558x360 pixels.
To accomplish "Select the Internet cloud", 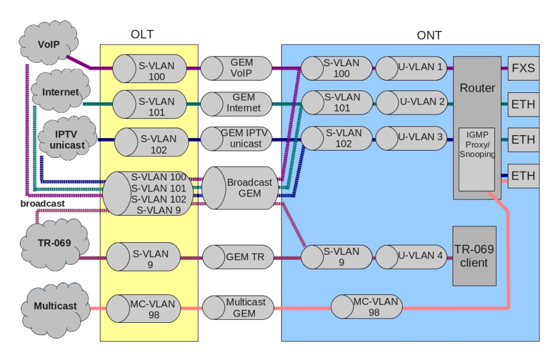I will (x=60, y=92).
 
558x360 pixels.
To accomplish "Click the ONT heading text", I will (x=429, y=35).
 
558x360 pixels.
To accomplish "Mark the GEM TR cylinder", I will (x=238, y=257).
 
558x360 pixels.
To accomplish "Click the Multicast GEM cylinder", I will (x=238, y=307).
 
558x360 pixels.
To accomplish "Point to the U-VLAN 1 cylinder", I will (x=412, y=68).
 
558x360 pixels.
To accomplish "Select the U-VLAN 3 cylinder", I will (x=412, y=138).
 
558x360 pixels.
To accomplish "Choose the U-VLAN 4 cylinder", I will (x=412, y=256).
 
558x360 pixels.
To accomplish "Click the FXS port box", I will (x=524, y=68).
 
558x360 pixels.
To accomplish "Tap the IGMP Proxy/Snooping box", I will (x=477, y=155).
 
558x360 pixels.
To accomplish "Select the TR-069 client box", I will (x=475, y=257).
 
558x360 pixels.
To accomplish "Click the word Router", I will (x=477, y=88).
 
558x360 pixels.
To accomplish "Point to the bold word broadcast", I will (x=42, y=203).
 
